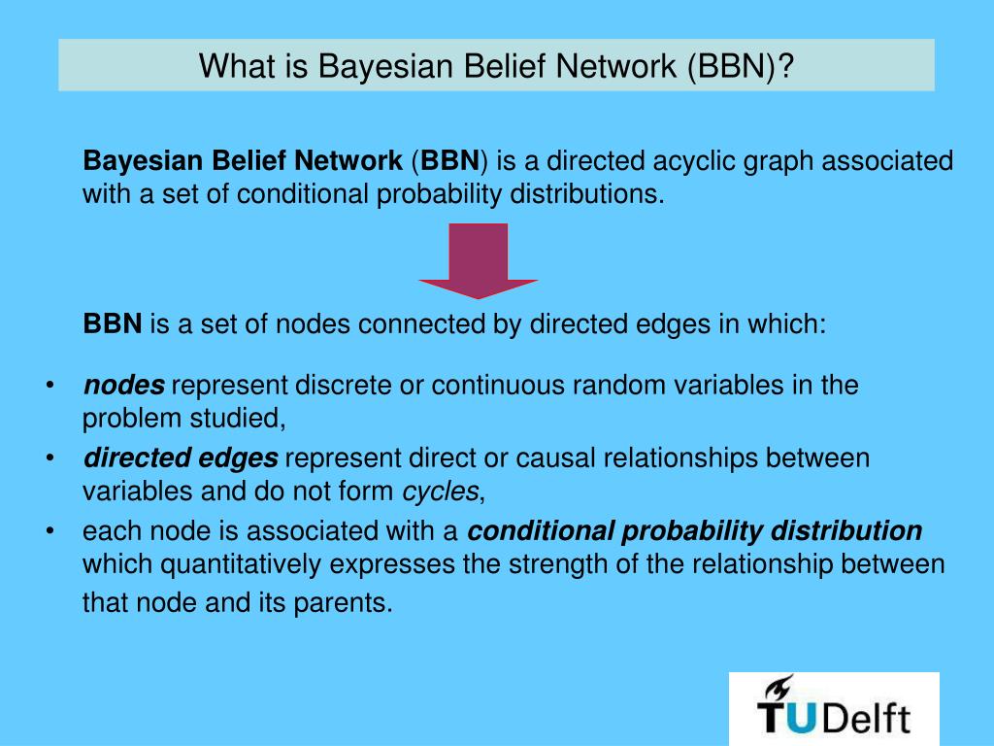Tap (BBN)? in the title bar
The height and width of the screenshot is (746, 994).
click(x=740, y=66)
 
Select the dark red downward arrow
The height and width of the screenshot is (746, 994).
click(x=479, y=260)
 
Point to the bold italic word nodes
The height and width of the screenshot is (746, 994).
click(x=124, y=386)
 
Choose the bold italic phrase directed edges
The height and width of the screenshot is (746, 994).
click(x=181, y=458)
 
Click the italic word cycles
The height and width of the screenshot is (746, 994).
click(x=441, y=492)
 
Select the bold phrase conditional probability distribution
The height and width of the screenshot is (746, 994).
click(x=695, y=531)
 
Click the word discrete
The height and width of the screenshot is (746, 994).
click(x=346, y=386)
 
